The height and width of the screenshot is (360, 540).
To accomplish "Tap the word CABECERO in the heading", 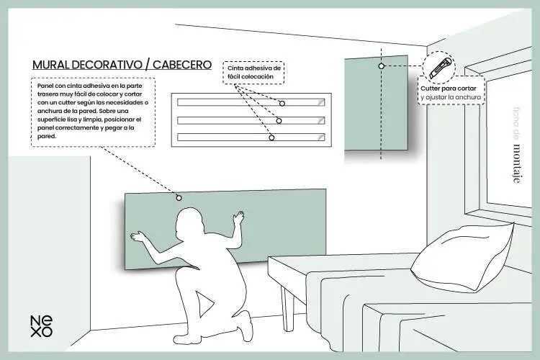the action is pyautogui.click(x=182, y=65).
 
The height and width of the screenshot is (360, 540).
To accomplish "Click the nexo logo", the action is pyautogui.click(x=41, y=326).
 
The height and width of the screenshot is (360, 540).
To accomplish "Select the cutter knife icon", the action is pyautogui.click(x=439, y=68).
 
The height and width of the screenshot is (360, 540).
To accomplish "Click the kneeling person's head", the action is pyautogui.click(x=189, y=220).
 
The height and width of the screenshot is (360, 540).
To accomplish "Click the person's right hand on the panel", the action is pyautogui.click(x=238, y=217).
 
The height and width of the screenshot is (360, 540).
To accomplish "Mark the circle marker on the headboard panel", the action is pyautogui.click(x=179, y=198).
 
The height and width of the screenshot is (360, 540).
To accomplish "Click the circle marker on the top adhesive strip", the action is pyautogui.click(x=282, y=104).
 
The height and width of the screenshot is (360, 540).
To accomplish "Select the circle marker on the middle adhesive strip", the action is pyautogui.click(x=279, y=121).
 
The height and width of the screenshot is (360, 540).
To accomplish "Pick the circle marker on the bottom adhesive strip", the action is pyautogui.click(x=271, y=138).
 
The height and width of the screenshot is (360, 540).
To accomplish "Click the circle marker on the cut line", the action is pyautogui.click(x=381, y=66).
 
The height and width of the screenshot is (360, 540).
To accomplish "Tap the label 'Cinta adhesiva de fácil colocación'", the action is pyautogui.click(x=254, y=72).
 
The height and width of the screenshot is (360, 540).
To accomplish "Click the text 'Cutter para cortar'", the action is pyautogui.click(x=448, y=89).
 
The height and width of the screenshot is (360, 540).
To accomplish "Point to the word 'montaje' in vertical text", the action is pyautogui.click(x=516, y=163).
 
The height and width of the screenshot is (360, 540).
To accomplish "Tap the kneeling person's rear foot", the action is pyautogui.click(x=246, y=325).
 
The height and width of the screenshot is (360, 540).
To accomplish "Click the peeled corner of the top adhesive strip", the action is pyautogui.click(x=321, y=102).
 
